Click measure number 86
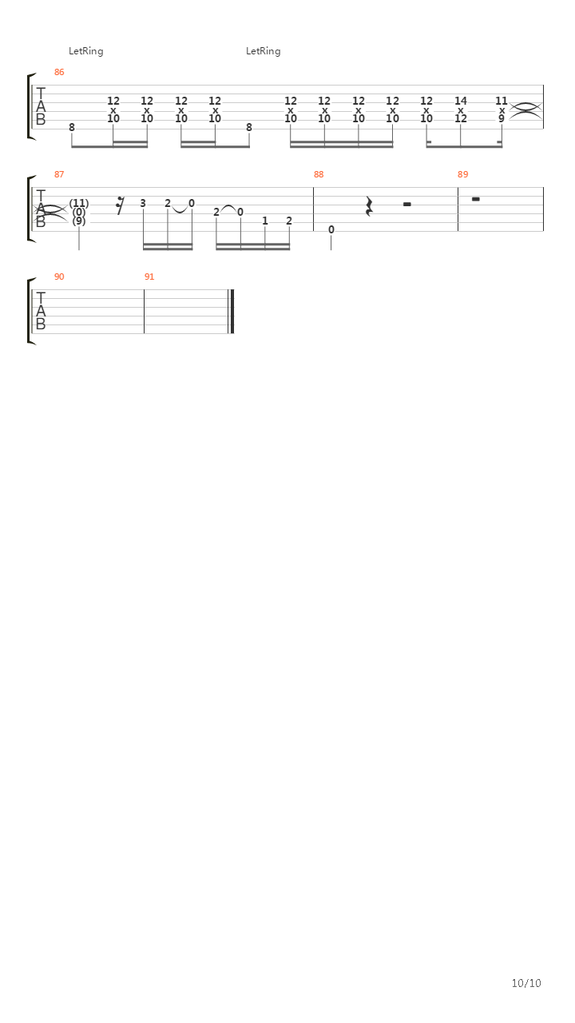(59, 72)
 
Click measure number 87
(59, 174)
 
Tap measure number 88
(319, 174)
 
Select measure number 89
(462, 174)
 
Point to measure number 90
(59, 277)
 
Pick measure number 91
(149, 277)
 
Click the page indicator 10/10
(526, 983)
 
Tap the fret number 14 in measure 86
(461, 101)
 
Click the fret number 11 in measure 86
(501, 101)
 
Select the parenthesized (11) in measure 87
(79, 203)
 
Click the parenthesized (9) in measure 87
(79, 221)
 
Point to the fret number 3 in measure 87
(143, 203)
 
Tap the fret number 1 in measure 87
(264, 221)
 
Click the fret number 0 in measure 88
(331, 229)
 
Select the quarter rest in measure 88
(369, 206)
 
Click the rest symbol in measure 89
(475, 199)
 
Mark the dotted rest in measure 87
(120, 205)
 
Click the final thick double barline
(232, 312)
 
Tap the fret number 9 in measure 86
(501, 119)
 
